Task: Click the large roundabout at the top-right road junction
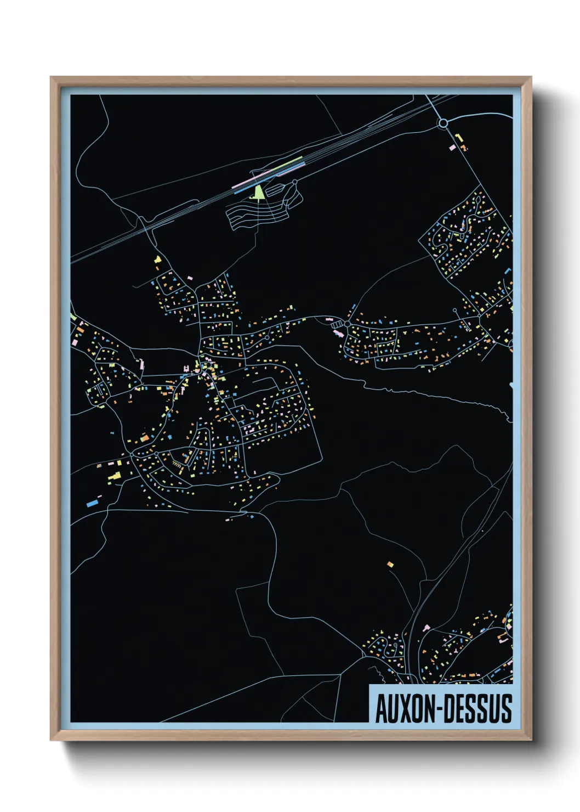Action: [443, 123]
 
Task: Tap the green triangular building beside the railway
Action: [259, 192]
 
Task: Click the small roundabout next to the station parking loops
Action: [295, 183]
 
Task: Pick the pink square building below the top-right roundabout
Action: [452, 147]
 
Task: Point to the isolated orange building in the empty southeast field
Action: [390, 564]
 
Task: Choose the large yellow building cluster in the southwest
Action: [115, 476]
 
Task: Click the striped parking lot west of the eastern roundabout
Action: [336, 325]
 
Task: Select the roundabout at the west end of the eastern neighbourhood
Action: [347, 324]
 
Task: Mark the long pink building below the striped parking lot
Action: [337, 332]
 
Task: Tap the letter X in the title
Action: [407, 708]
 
